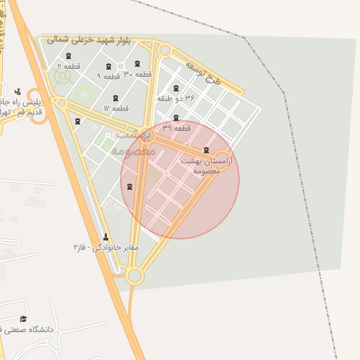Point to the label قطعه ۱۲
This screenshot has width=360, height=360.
coord(116,108)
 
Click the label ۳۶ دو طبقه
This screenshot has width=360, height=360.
coord(175,99)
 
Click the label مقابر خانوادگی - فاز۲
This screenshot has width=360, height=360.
coord(106,247)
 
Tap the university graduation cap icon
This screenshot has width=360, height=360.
coord(23,319)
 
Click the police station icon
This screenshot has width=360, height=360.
coord(18,91)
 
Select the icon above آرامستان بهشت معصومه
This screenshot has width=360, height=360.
coord(205,150)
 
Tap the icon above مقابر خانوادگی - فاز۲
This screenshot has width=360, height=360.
coord(106,237)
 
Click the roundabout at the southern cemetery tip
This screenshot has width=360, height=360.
coord(135,276)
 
